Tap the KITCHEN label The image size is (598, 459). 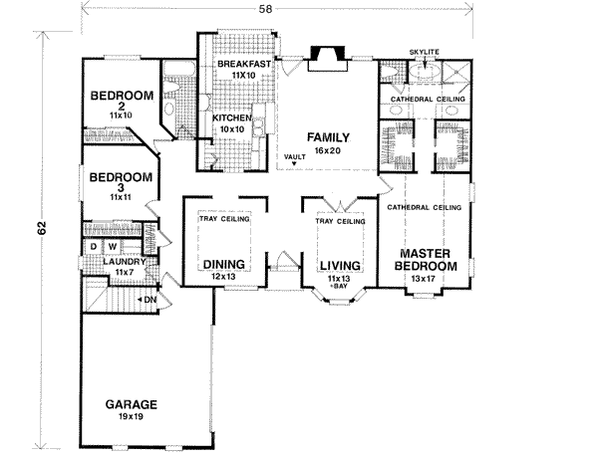pyautogui.click(x=232, y=117)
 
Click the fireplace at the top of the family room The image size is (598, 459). pyautogui.click(x=325, y=57)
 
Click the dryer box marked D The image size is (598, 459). pyautogui.click(x=94, y=245)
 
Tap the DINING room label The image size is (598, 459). pyautogui.click(x=225, y=265)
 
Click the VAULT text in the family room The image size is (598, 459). pyautogui.click(x=293, y=157)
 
